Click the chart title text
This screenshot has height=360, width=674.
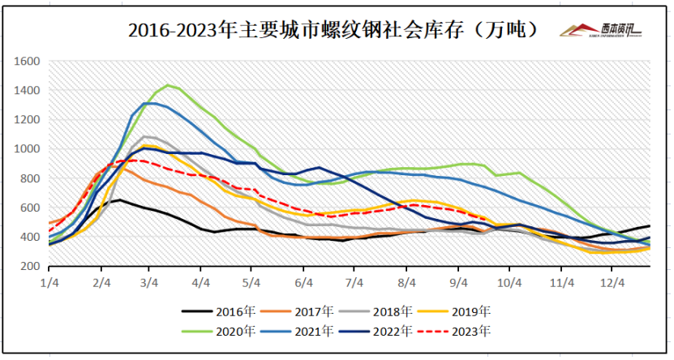tap(333, 31)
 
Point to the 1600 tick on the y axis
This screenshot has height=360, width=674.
tap(28, 61)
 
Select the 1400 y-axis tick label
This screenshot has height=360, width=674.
tap(28, 90)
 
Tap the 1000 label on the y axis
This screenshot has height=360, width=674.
tap(28, 149)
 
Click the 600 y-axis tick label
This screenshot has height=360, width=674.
tap(31, 208)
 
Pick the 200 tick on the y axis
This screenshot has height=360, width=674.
tap(31, 267)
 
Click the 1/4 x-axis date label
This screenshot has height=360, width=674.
tap(50, 282)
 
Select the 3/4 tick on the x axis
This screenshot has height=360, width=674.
tap(149, 282)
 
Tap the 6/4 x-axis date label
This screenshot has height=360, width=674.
tap(303, 282)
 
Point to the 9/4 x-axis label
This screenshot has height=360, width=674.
tap(458, 282)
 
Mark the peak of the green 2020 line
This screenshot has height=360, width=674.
tap(168, 85)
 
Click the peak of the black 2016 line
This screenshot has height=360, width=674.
tap(120, 199)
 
